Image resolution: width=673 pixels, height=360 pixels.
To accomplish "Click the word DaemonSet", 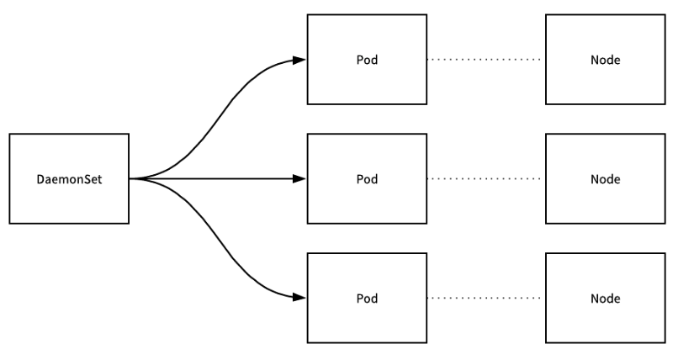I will coord(70,179).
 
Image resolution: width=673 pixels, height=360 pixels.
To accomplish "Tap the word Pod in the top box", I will coord(366,60).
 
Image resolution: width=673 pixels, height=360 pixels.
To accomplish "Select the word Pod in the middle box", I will coord(366,179).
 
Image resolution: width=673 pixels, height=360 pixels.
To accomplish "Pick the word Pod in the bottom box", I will coord(366,299).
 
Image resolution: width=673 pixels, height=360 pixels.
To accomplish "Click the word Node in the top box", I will coord(605,60).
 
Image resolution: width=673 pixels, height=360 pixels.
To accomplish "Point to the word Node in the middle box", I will coord(605,179).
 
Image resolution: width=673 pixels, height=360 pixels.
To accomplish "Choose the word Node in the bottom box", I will coord(605,299).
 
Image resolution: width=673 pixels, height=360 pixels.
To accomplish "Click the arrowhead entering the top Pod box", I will coord(299,60).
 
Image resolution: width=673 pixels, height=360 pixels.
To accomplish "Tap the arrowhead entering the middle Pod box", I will coord(299,179).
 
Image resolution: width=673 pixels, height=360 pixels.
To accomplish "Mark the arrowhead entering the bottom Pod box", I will coord(299,299).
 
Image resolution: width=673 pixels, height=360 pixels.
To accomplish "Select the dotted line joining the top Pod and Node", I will coord(485,60).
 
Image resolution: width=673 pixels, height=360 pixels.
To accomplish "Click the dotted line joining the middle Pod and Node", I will coord(485,179).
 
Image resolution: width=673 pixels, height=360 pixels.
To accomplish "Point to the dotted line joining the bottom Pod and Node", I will coord(485,299).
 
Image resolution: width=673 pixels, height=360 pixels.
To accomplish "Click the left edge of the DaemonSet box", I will coord(10,179).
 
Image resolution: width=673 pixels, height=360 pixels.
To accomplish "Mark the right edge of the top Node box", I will coord(664,60).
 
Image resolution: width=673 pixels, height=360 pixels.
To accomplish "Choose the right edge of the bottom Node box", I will coord(664,299).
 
